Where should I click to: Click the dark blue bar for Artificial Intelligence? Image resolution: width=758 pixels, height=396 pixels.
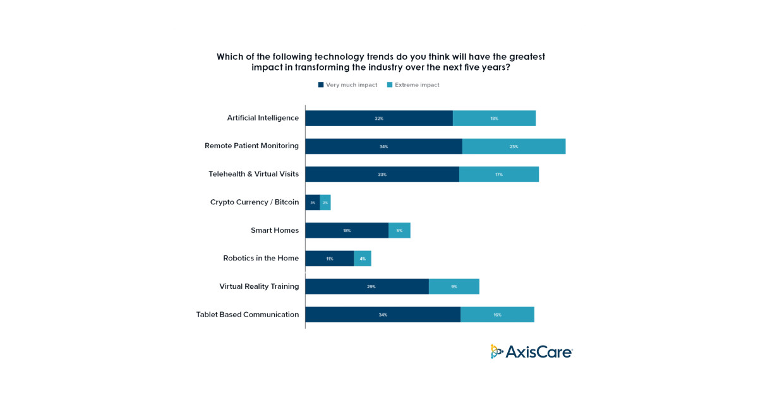tap(379, 119)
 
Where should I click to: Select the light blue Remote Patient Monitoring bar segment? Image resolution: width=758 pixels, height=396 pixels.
tap(514, 146)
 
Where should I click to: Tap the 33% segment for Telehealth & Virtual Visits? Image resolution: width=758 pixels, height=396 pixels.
tap(382, 175)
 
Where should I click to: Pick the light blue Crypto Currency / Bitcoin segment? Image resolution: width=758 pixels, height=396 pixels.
tap(325, 202)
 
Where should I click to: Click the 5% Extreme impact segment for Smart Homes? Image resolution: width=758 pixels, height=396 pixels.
tap(399, 230)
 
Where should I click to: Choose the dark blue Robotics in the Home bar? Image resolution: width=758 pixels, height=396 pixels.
tap(329, 259)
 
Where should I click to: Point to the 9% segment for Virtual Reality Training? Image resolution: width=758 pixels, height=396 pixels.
tap(454, 286)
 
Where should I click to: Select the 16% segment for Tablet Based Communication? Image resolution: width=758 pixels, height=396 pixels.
tap(497, 315)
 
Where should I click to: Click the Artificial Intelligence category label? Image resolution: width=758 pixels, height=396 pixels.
tap(263, 118)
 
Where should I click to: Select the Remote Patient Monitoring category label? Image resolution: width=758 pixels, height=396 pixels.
tap(251, 146)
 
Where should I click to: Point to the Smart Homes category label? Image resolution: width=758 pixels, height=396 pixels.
tap(274, 230)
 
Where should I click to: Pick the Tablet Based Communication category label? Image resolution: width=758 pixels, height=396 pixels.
tap(247, 315)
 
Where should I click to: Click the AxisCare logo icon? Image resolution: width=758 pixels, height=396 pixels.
tap(497, 352)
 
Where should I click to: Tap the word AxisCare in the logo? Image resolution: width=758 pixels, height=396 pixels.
tap(539, 352)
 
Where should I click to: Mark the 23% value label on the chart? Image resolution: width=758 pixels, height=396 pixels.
tap(514, 147)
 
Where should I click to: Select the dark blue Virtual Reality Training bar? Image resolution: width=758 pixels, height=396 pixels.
tap(367, 286)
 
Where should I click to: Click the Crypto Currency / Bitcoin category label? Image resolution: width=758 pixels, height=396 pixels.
tap(254, 202)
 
